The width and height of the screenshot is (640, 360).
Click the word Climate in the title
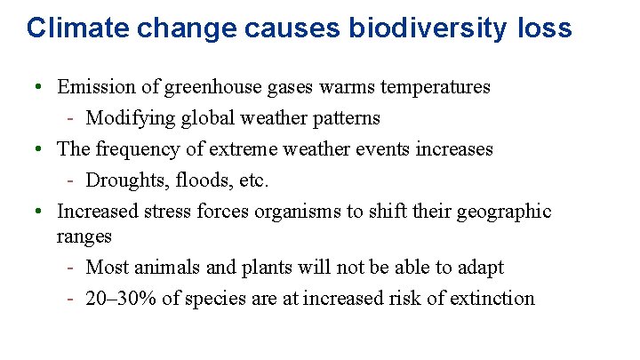click(64, 28)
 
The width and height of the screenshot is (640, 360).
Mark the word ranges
click(84, 236)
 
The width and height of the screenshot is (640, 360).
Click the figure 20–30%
click(121, 298)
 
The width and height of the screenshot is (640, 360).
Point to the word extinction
click(494, 298)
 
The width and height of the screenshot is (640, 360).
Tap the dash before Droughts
click(70, 180)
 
